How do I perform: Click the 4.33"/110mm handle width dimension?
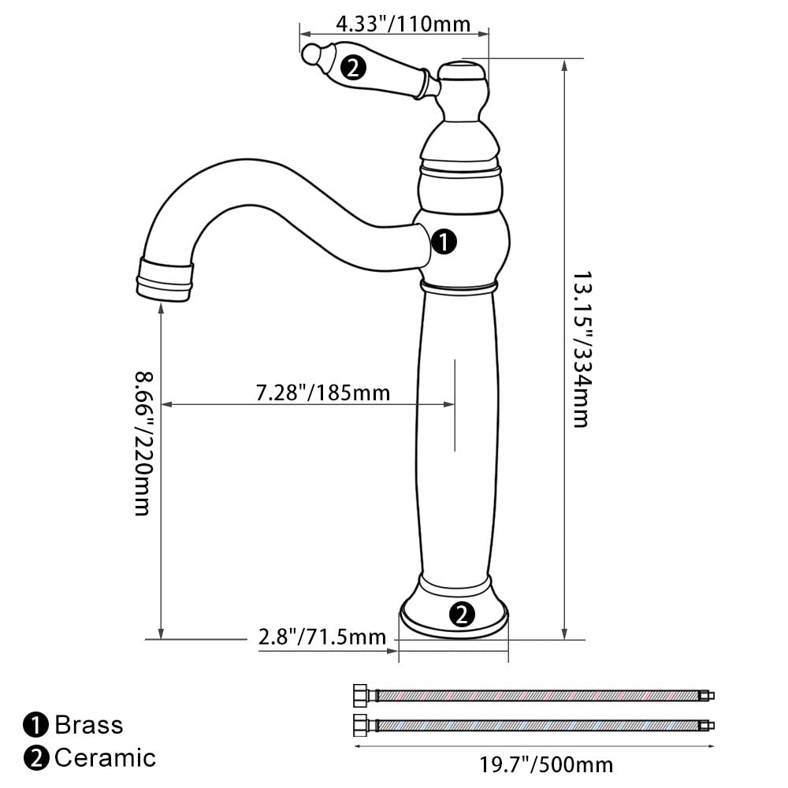(x=403, y=24)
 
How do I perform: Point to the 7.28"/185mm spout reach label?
(x=323, y=392)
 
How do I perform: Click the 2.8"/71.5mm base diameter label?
(x=322, y=637)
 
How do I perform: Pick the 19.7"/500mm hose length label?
(x=546, y=765)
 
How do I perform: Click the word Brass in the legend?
(x=89, y=725)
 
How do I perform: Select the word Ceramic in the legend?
(x=106, y=758)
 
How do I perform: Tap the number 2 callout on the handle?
(x=353, y=67)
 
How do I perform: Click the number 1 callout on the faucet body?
(x=444, y=242)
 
